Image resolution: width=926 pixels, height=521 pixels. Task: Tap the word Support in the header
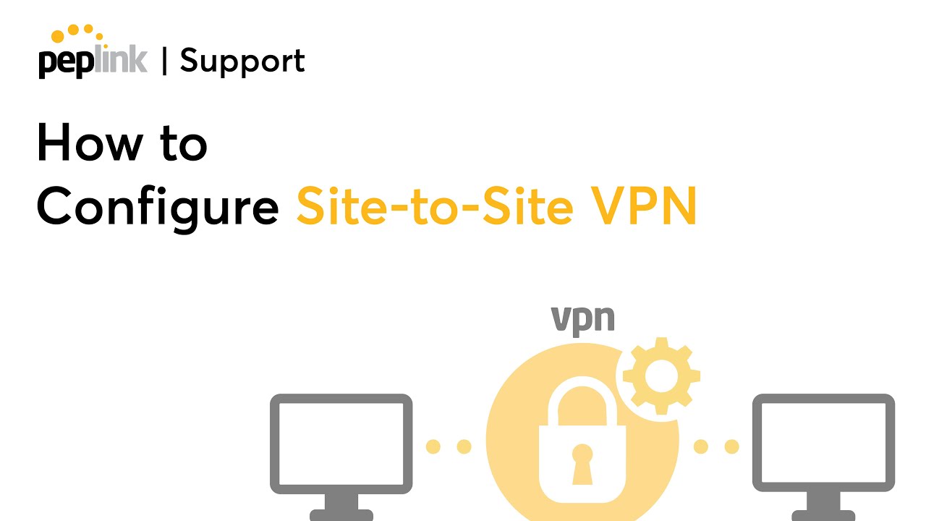click(x=242, y=61)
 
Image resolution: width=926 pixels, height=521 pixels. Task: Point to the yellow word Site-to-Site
click(x=434, y=206)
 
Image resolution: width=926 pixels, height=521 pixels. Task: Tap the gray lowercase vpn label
click(x=583, y=319)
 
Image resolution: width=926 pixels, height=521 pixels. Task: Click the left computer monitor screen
click(x=341, y=444)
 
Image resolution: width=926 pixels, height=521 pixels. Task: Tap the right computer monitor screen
click(x=823, y=444)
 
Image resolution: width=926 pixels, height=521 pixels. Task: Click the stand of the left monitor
click(x=341, y=507)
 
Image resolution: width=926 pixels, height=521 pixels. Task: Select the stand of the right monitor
click(x=823, y=507)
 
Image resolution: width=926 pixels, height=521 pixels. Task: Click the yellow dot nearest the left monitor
click(x=433, y=446)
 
